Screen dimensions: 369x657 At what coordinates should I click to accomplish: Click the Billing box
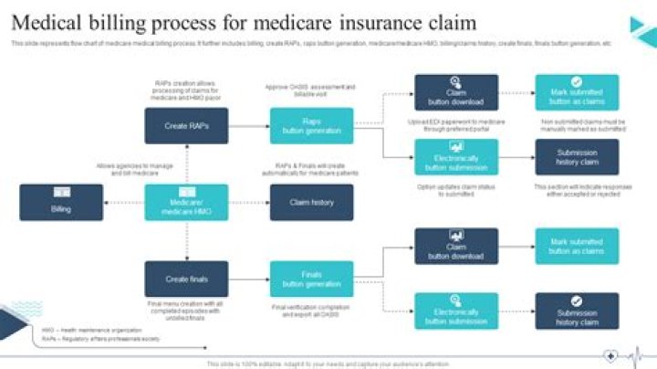click(x=61, y=202)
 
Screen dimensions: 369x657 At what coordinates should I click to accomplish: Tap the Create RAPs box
click(x=186, y=126)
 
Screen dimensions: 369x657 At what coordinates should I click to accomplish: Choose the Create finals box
click(x=186, y=279)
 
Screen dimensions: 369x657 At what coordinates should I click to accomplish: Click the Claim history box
click(x=311, y=202)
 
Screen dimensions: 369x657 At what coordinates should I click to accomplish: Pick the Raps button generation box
click(x=311, y=126)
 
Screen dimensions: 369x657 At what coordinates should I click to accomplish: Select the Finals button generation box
click(x=311, y=279)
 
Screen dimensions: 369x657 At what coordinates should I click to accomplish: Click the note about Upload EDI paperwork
click(x=456, y=125)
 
